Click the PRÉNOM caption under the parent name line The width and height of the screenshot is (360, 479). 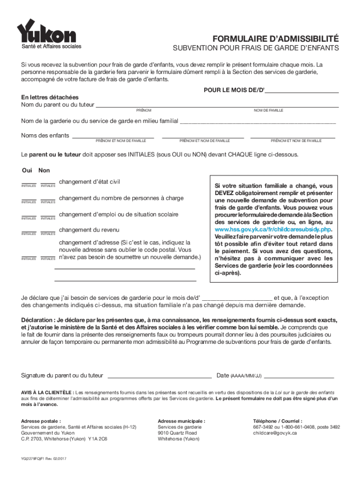click(144, 110)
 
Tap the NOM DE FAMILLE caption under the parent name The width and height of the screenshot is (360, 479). click(268, 110)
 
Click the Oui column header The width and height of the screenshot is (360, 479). click(27, 170)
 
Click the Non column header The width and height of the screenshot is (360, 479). click(44, 170)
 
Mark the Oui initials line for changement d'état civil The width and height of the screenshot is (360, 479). click(29, 183)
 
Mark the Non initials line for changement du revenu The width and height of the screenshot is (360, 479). click(48, 231)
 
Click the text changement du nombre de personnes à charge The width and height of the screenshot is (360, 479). click(121, 198)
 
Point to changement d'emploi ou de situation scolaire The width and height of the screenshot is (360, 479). click(119, 215)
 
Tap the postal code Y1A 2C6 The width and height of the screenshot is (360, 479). click(98, 439)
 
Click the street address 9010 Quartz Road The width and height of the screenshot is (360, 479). click(177, 433)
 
